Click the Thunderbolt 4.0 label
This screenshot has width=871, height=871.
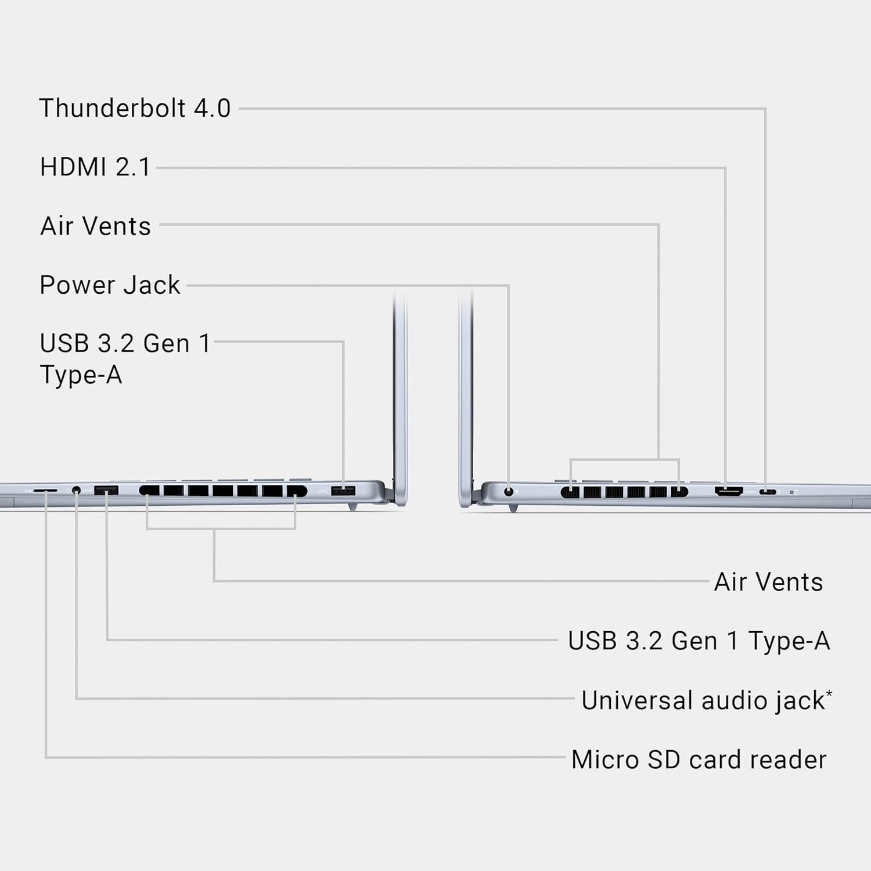click(x=135, y=109)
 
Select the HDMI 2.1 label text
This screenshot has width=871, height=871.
click(x=95, y=167)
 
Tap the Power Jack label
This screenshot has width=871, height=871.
click(x=110, y=285)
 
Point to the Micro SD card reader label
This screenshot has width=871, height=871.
click(x=699, y=760)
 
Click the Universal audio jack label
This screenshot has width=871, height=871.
click(x=703, y=700)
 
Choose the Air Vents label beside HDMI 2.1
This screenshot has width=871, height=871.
click(x=95, y=226)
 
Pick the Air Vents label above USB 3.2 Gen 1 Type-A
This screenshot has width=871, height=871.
click(x=768, y=582)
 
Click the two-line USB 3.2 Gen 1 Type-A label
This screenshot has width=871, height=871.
click(x=124, y=359)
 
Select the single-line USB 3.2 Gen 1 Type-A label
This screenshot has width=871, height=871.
click(x=699, y=641)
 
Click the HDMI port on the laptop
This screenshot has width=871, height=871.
click(x=728, y=491)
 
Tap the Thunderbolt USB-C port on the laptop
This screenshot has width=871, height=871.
click(x=768, y=492)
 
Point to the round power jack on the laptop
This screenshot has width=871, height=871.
click(x=509, y=491)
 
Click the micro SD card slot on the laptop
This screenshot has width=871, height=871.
click(x=45, y=491)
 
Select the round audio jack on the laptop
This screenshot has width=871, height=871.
click(x=76, y=491)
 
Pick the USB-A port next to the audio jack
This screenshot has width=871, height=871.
click(x=106, y=491)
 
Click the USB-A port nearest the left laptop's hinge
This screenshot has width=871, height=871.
click(x=343, y=491)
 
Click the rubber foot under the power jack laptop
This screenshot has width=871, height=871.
click(x=513, y=508)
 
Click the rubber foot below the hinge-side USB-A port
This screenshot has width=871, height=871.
click(x=352, y=507)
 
